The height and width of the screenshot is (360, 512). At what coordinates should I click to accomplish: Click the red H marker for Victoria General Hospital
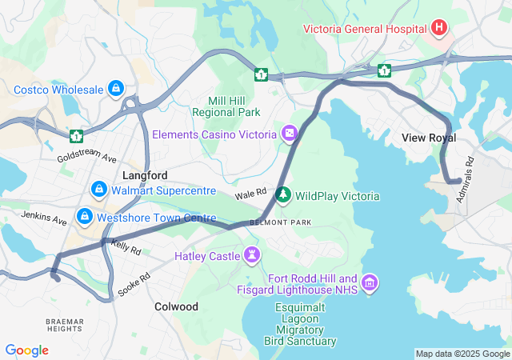coord(438,29)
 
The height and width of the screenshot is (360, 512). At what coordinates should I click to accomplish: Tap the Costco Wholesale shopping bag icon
coord(116,87)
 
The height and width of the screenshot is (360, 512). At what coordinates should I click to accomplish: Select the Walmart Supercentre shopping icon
coord(98,190)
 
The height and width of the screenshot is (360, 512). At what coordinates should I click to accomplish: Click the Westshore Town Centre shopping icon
coord(84,216)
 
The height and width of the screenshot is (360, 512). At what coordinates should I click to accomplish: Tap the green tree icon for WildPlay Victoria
coord(282,194)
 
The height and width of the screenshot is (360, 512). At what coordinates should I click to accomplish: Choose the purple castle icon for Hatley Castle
coord(253,256)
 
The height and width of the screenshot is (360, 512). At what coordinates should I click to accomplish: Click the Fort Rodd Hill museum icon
coord(370,282)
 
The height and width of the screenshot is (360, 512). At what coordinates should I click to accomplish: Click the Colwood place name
coord(176,306)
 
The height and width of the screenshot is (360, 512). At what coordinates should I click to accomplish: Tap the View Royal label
coord(429,138)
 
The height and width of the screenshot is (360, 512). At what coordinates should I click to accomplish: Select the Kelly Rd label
coord(126,248)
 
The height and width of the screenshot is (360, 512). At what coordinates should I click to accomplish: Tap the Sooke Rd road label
coord(134,284)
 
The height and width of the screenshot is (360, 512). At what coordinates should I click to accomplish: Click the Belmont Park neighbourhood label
coord(280,222)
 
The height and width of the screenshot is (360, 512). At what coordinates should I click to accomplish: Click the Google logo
coord(26,350)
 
